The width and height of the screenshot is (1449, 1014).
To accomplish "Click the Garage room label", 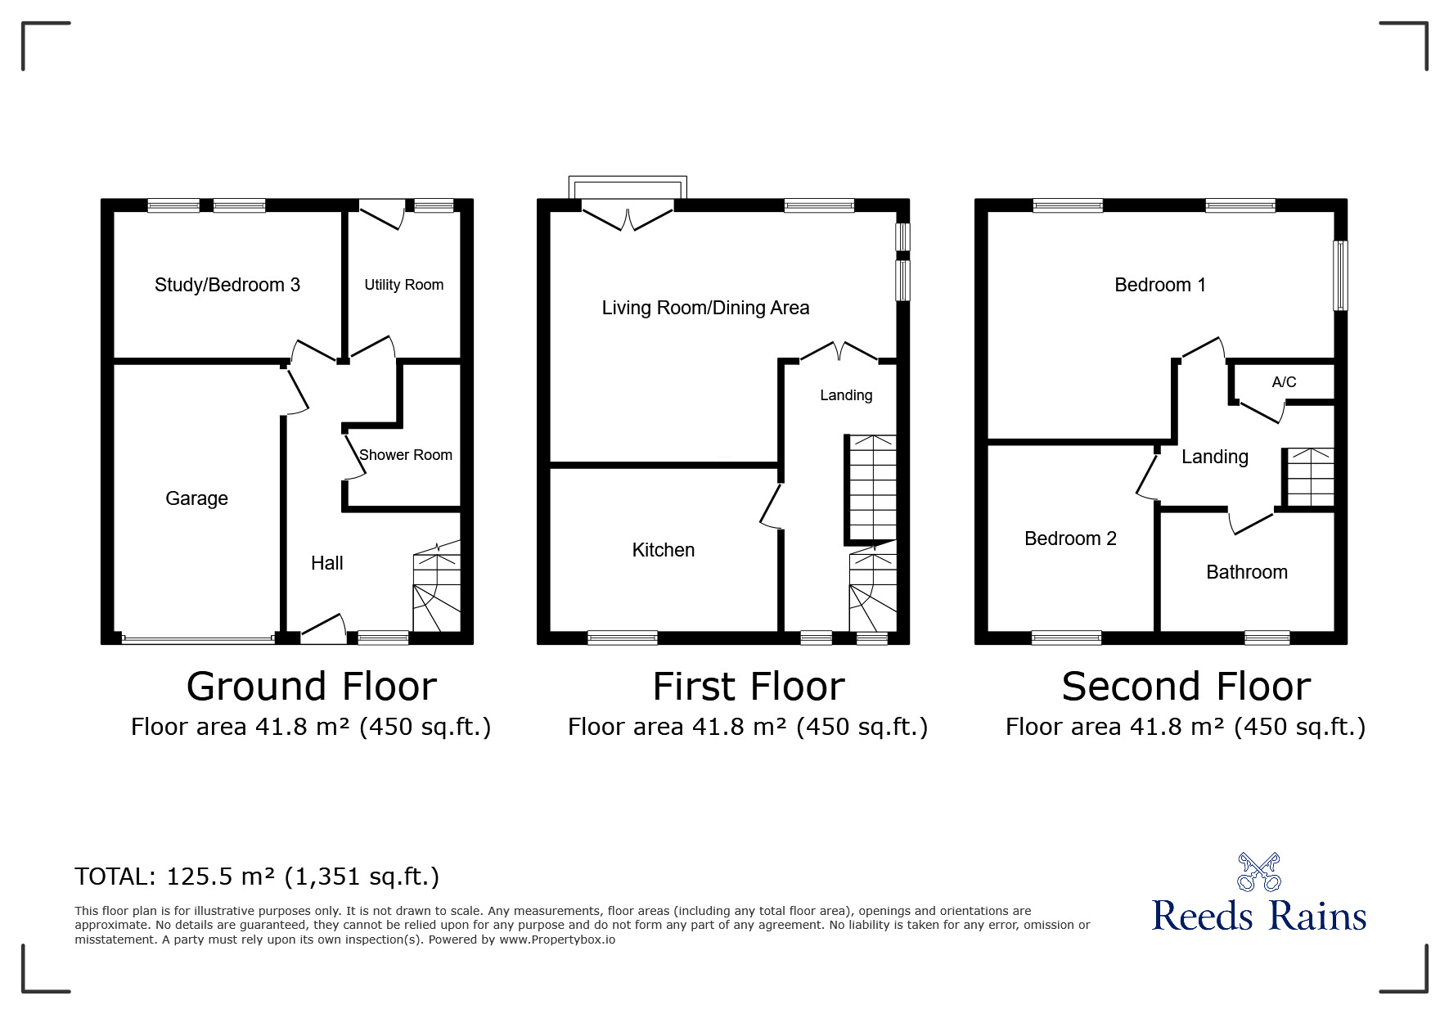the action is click(196, 498).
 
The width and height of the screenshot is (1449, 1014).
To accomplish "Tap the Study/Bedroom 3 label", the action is click(227, 285).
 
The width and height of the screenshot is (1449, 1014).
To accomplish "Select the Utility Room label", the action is click(404, 285).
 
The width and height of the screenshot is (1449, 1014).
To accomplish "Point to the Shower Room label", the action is click(406, 455).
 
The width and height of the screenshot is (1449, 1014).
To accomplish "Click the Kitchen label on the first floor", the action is click(664, 550).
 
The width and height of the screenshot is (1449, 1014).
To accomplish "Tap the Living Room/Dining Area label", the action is click(706, 308).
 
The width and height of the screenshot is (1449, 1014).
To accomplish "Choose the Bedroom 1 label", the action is click(1160, 285).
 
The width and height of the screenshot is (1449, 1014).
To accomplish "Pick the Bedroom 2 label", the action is click(1070, 539).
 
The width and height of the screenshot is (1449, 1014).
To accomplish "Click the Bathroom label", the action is click(1247, 572).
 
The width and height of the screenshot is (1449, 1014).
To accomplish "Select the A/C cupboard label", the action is click(1284, 382).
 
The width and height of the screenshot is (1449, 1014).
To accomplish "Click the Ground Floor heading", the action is click(312, 687).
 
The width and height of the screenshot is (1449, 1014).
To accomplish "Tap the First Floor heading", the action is click(749, 687).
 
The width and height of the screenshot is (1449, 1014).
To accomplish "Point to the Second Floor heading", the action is click(1186, 687).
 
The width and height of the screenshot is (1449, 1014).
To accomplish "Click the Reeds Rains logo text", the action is click(1259, 916).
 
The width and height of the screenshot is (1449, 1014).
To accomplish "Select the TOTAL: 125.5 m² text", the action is click(175, 877).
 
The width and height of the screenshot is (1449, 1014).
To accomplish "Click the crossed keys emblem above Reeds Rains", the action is click(1259, 872).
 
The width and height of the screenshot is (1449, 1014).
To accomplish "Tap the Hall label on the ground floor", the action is click(327, 563).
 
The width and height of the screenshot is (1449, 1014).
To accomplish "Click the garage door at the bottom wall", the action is click(198, 639).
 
